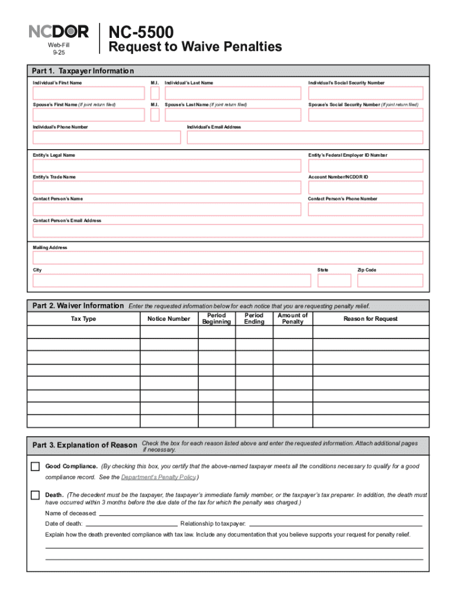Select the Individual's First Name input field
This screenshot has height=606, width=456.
tap(88, 93)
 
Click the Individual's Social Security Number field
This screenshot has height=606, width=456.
tap(365, 93)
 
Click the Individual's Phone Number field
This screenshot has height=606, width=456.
tap(107, 137)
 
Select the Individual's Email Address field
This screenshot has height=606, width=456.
tap(305, 137)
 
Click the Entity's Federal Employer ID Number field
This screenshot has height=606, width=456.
tap(365, 166)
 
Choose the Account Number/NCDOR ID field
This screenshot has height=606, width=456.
tap(365, 187)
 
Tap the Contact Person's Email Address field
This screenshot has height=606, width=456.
tap(228, 231)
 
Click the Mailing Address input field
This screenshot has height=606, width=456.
tap(228, 258)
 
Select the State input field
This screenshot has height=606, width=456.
tap(334, 281)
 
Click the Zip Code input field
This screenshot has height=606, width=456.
tap(390, 281)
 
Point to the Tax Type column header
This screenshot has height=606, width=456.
tap(83, 319)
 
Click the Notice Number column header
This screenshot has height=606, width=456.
tap(169, 319)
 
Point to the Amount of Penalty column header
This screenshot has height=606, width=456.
tap(293, 318)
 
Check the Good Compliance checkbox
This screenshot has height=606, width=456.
tap(36, 466)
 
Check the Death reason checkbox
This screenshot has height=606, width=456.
tap(36, 495)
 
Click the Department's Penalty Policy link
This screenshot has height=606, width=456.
tap(158, 477)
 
